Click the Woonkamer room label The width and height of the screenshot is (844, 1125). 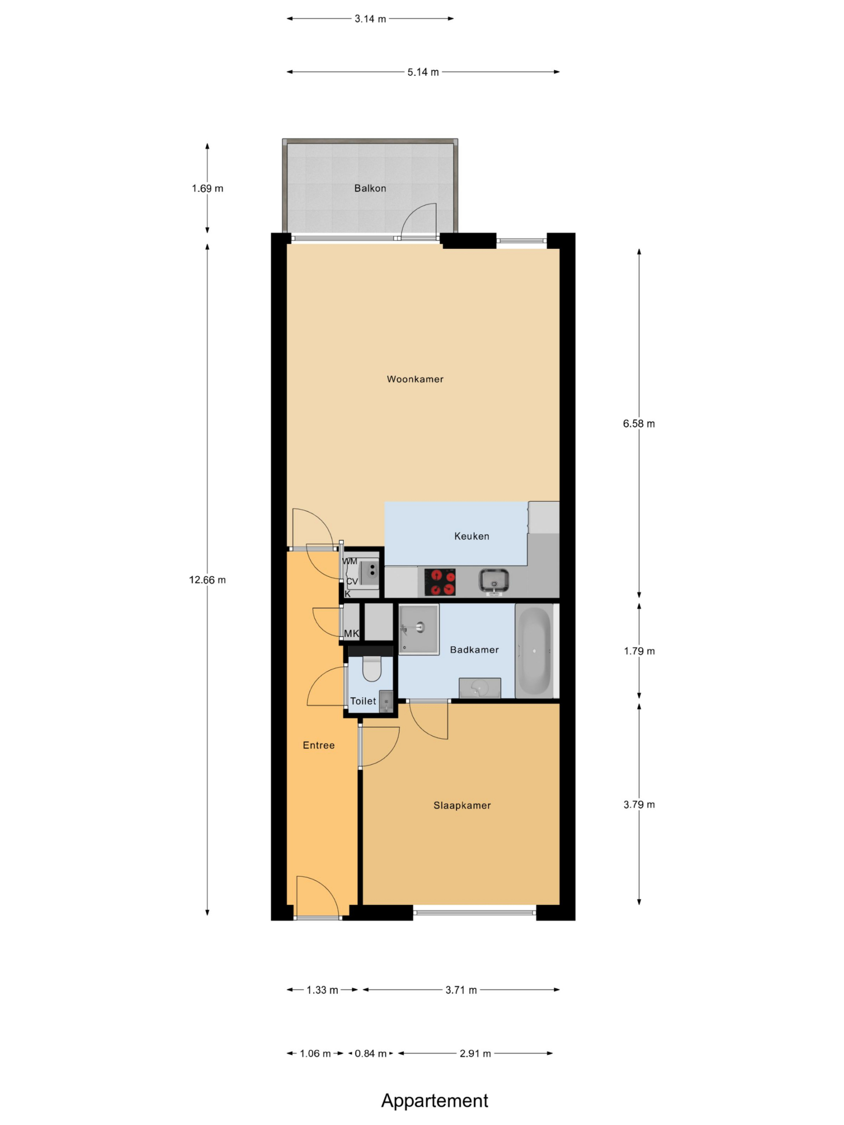pyautogui.click(x=415, y=379)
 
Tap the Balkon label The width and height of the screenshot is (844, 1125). pyautogui.click(x=370, y=188)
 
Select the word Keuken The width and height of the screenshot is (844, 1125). pyautogui.click(x=472, y=536)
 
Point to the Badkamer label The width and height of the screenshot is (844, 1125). pyautogui.click(x=474, y=650)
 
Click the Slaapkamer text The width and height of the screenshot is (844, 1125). pyautogui.click(x=462, y=805)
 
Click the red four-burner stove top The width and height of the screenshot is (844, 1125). pyautogui.click(x=440, y=582)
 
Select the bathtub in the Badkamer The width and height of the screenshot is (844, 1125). pyautogui.click(x=534, y=651)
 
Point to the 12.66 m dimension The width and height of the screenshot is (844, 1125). pyautogui.click(x=207, y=580)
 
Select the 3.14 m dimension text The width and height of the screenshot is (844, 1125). pyautogui.click(x=371, y=19)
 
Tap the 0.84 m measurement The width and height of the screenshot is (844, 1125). pyautogui.click(x=371, y=1053)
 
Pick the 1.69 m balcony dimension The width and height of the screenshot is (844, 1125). pyautogui.click(x=207, y=188)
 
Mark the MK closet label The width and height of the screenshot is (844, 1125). pyautogui.click(x=352, y=634)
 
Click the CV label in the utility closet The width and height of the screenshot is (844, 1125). pyautogui.click(x=352, y=581)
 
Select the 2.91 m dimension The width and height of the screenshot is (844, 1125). pyautogui.click(x=475, y=1053)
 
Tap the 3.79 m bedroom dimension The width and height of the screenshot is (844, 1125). pyautogui.click(x=639, y=805)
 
